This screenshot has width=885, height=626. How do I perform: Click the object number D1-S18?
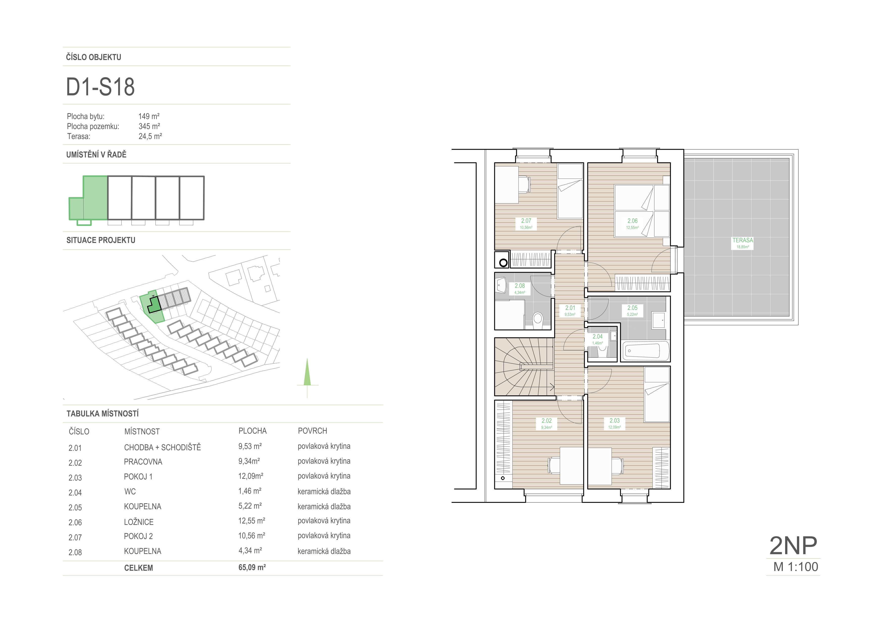pyautogui.click(x=100, y=87)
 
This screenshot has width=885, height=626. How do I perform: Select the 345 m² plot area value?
pyautogui.click(x=149, y=126)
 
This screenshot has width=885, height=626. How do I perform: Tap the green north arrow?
pyautogui.click(x=307, y=372)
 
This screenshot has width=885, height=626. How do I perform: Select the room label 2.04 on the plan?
pyautogui.click(x=597, y=337)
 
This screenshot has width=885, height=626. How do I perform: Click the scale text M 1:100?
pyautogui.click(x=796, y=567)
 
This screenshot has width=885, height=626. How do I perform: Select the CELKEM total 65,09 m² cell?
pyautogui.click(x=252, y=567)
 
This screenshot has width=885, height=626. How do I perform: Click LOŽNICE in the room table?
pyautogui.click(x=139, y=522)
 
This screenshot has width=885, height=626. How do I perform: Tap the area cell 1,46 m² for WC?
pyautogui.click(x=250, y=491)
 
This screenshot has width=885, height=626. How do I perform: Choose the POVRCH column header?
pyautogui.click(x=313, y=431)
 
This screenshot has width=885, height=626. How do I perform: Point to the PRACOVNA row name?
pyautogui.click(x=143, y=462)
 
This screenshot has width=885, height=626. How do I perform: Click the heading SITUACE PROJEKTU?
pyautogui.click(x=101, y=240)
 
